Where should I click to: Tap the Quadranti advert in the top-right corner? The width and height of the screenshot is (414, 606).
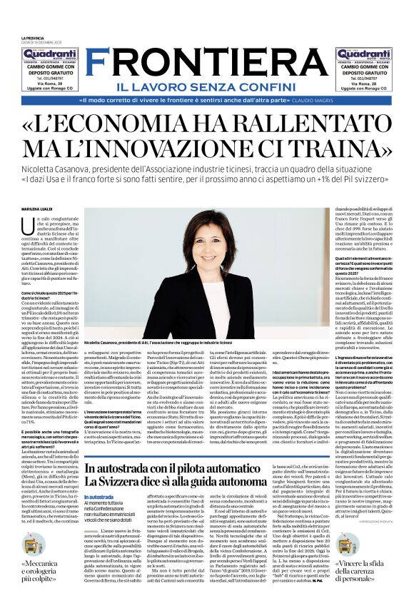[x=365, y=70]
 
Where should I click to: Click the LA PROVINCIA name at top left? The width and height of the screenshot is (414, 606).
[x=31, y=39]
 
